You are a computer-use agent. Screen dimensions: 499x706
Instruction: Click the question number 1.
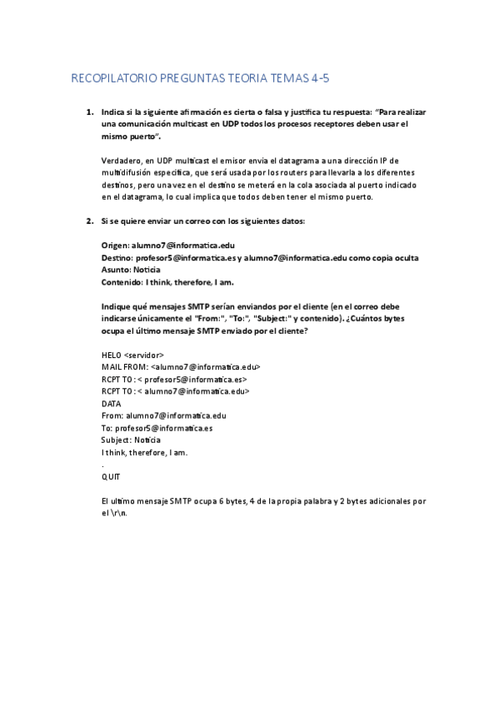tap(89, 111)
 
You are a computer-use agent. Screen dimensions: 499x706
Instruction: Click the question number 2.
tap(89, 221)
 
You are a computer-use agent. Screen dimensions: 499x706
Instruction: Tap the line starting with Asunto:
tap(131, 270)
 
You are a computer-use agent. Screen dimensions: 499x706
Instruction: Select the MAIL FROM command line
tap(182, 366)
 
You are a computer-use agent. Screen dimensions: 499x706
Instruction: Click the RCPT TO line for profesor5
tap(174, 379)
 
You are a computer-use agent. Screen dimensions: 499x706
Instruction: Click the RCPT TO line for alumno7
tap(176, 390)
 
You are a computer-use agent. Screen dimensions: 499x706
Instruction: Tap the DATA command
tap(112, 403)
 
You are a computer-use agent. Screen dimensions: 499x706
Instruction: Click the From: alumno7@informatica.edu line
tap(163, 415)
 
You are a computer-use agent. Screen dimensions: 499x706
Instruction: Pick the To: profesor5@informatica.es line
tap(157, 427)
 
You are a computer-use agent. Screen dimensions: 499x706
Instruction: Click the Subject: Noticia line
tap(132, 439)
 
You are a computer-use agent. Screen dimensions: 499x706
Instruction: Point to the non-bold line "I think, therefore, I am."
tap(144, 451)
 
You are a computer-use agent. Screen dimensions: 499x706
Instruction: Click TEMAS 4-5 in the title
tap(299, 79)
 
